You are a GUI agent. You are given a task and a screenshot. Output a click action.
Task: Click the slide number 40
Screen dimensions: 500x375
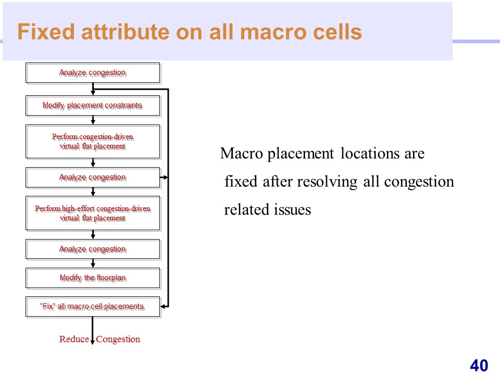pyautogui.click(x=479, y=366)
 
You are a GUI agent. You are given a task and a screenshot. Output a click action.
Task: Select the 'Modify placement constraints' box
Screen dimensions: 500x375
pyautogui.click(x=93, y=106)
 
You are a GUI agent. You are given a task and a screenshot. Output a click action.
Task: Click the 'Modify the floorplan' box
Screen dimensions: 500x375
pyautogui.click(x=93, y=278)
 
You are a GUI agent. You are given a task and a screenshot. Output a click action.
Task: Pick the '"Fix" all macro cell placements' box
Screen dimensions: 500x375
pyautogui.click(x=93, y=307)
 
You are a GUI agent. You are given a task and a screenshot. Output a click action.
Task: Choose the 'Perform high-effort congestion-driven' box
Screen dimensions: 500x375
pyautogui.click(x=93, y=214)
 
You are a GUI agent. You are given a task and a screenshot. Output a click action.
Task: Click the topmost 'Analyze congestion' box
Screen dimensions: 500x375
pyautogui.click(x=93, y=73)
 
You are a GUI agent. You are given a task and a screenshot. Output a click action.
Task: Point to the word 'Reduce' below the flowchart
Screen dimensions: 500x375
pyautogui.click(x=74, y=339)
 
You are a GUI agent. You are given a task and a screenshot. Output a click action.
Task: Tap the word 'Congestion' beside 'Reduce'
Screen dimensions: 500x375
pyautogui.click(x=118, y=339)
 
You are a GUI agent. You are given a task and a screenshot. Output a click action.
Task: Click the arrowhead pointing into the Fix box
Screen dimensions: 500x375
pyautogui.click(x=164, y=306)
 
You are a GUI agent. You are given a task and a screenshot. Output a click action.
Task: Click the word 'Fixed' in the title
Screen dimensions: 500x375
pyautogui.click(x=46, y=32)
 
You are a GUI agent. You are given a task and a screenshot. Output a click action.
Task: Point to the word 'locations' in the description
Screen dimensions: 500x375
pyautogui.click(x=370, y=153)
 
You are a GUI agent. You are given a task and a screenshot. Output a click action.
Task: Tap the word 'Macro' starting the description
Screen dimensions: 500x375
pyautogui.click(x=242, y=153)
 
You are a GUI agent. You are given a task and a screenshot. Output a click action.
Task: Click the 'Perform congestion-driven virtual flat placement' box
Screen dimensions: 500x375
pyautogui.click(x=93, y=142)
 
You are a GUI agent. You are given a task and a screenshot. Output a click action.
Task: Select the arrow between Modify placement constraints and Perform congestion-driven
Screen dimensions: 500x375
pyautogui.click(x=93, y=120)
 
